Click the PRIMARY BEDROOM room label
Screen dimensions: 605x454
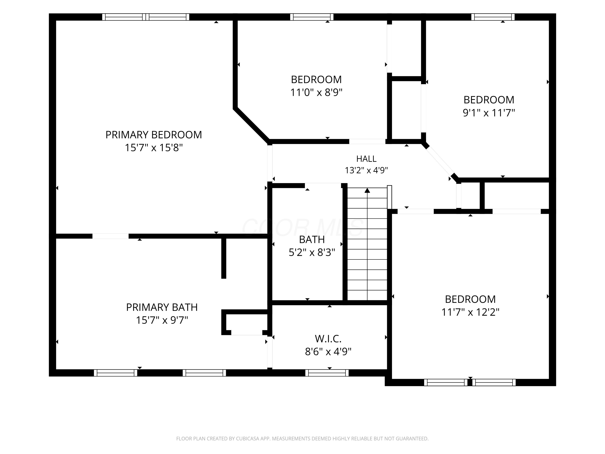[x=154, y=135]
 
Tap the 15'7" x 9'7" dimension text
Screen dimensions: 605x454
[x=162, y=320]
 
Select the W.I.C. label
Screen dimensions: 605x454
[x=328, y=339]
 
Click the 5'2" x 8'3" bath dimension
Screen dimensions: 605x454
[x=312, y=252]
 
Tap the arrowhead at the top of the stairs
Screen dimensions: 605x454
[x=367, y=190]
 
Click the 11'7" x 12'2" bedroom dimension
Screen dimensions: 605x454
[x=470, y=312]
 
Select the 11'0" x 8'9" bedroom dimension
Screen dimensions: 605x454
[x=316, y=92]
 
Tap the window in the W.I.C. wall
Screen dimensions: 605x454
[x=327, y=373]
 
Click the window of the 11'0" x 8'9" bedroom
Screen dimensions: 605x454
[x=312, y=17]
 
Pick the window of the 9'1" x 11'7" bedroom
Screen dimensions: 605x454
[x=493, y=17]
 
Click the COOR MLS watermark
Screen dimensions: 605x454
[x=302, y=228]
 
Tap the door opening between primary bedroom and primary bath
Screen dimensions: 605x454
[x=111, y=236]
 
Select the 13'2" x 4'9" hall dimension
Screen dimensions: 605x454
[x=366, y=171]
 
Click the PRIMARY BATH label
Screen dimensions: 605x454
[x=162, y=307]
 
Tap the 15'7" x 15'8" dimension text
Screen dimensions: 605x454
[x=154, y=148]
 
